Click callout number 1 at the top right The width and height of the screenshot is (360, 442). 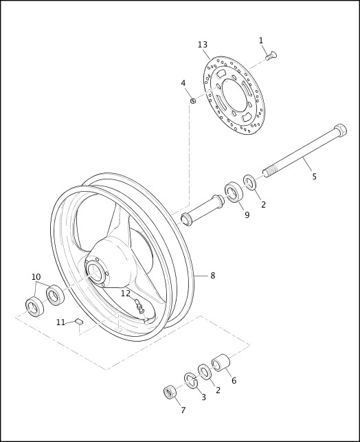pos(261,41)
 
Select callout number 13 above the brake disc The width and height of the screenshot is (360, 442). pos(203,45)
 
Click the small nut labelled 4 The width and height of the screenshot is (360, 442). pos(193,102)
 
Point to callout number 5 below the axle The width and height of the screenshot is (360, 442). pos(314,177)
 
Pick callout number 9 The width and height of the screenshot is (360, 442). pos(247,215)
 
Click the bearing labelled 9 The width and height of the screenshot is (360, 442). pos(234,192)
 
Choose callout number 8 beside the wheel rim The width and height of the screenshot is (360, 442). pos(212,276)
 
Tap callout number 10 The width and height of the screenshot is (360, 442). pos(36,277)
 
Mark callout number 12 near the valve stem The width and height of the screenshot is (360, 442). pos(126,294)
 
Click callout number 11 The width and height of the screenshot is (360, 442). pos(60,322)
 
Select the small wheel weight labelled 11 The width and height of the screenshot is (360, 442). pos(79,320)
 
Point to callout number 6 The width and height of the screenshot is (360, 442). pos(233,380)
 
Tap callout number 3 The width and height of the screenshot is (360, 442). pos(203,397)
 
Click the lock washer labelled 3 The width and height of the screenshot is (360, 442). pos(190,380)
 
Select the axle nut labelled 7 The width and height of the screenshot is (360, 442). pos(169,393)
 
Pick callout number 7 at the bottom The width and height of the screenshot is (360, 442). pos(183,410)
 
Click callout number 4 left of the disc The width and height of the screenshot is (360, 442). pos(183,83)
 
